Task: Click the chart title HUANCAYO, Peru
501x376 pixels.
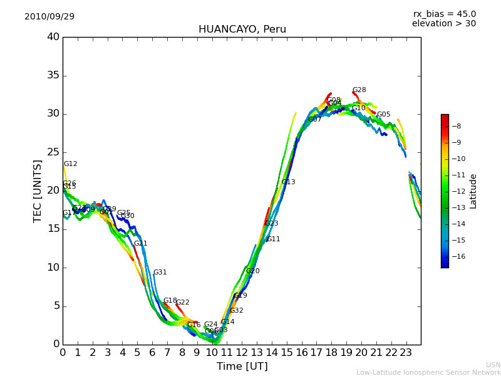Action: click(x=242, y=29)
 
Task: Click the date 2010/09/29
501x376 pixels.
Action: click(x=49, y=17)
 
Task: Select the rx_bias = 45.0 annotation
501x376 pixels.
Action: click(x=444, y=14)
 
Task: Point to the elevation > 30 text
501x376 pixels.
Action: click(x=443, y=24)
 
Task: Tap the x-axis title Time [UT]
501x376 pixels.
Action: click(x=242, y=367)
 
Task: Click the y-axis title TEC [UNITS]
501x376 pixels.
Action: click(x=38, y=191)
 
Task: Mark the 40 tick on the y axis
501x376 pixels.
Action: click(x=53, y=37)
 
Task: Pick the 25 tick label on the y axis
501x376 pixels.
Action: click(x=53, y=152)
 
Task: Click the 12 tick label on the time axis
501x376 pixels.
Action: click(x=242, y=353)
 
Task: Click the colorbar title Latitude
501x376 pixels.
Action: click(x=473, y=191)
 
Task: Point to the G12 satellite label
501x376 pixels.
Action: click(x=71, y=164)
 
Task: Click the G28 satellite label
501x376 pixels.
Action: click(x=359, y=90)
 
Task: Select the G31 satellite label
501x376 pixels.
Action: click(x=160, y=273)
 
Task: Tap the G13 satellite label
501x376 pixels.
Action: click(x=288, y=182)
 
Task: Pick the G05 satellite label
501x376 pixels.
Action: click(x=383, y=115)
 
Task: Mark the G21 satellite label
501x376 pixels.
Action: click(x=140, y=244)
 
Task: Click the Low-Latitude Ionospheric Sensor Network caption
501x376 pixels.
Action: click(x=428, y=373)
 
